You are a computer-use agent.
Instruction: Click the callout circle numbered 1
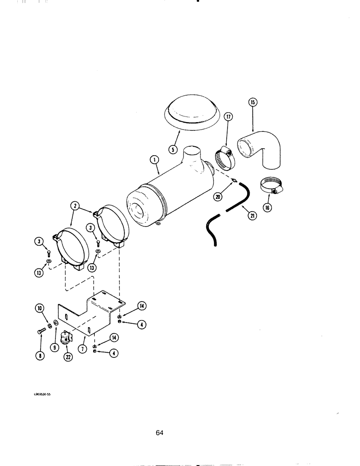[154, 161]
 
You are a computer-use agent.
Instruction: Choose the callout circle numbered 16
[267, 208]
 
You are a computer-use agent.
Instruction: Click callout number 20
[218, 197]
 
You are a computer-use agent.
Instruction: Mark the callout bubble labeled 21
[252, 216]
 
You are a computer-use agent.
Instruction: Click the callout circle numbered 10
[39, 308]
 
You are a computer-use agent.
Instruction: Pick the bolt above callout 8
[40, 332]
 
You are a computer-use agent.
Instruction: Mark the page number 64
[159, 433]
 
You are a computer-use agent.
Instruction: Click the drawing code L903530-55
[44, 394]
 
